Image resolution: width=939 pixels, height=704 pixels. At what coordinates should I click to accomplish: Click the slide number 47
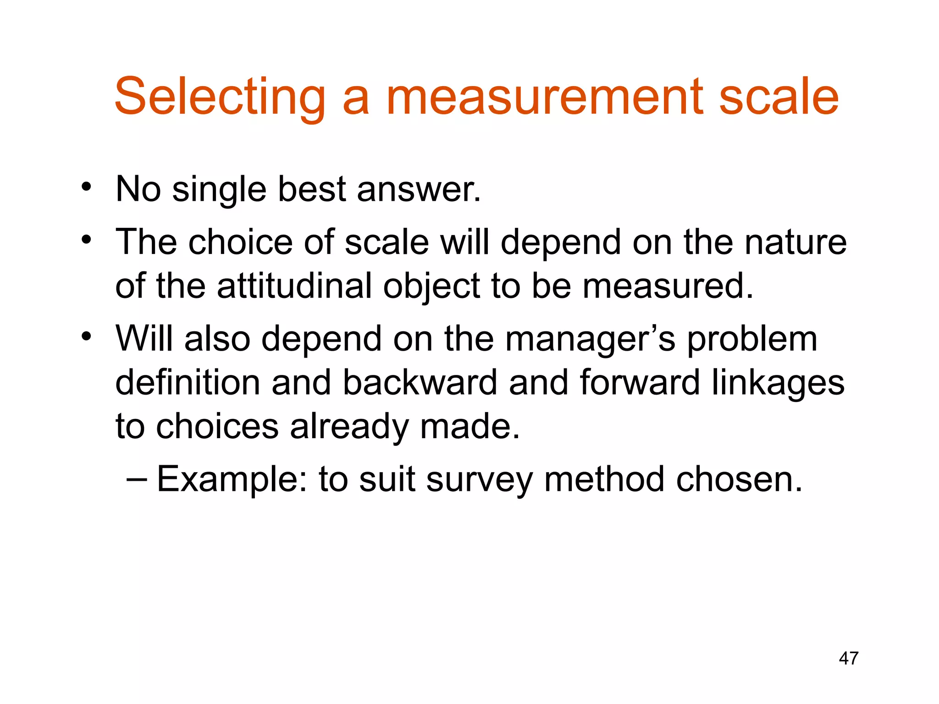pos(848,658)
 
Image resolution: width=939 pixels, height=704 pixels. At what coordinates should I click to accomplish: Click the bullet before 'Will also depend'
pos(86,337)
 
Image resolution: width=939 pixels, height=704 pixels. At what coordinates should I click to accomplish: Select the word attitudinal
pos(294,286)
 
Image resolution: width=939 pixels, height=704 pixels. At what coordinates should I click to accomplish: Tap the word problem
pos(751,340)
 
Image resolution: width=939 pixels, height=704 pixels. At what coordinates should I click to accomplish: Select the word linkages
pos(778,383)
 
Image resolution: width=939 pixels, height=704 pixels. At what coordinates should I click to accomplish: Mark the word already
pos(349,427)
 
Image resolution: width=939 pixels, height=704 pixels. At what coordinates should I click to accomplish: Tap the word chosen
pos(739,479)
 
